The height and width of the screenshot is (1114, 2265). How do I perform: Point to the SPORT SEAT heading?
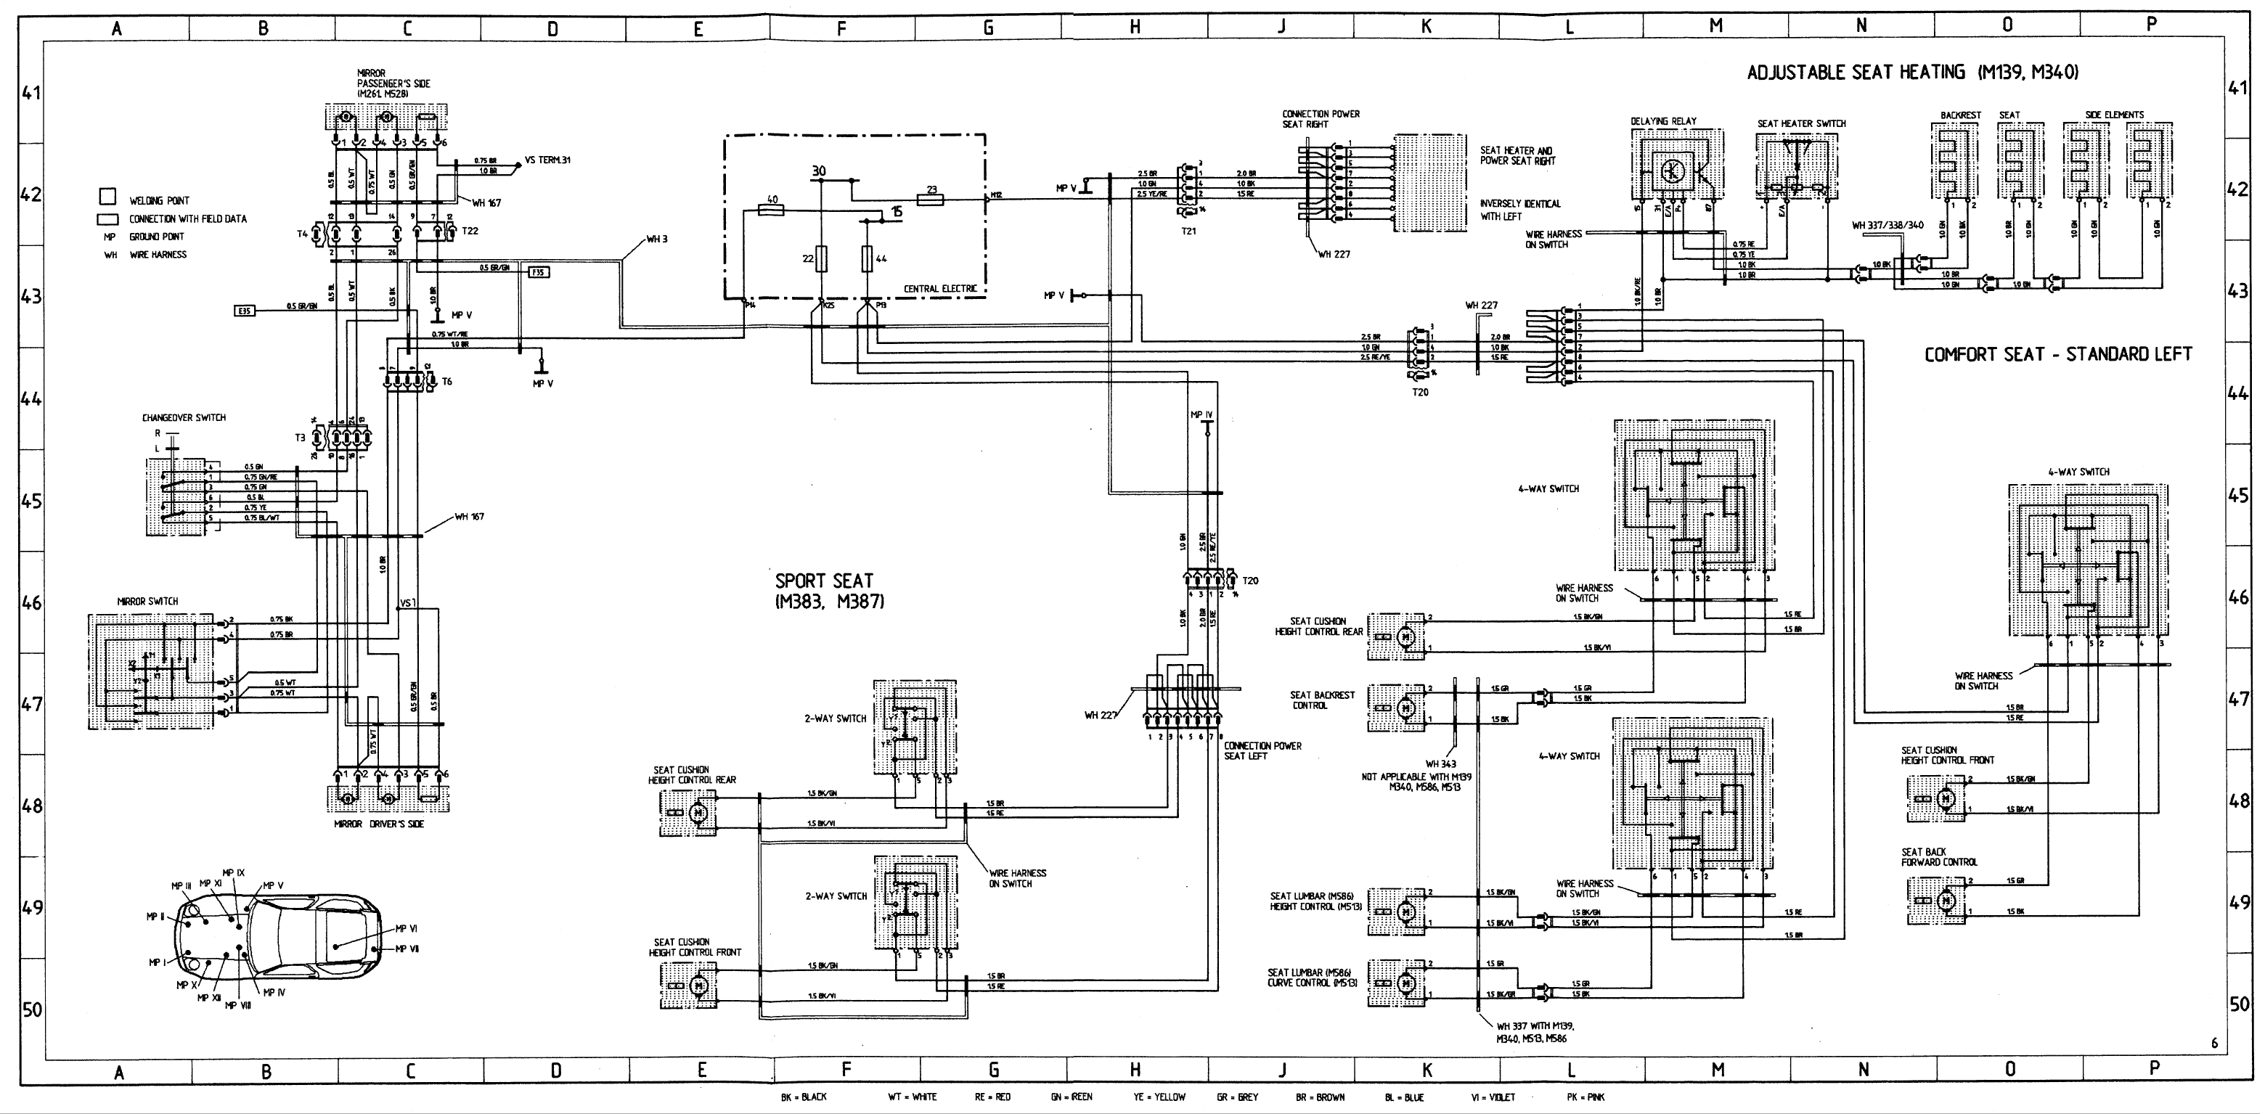825,581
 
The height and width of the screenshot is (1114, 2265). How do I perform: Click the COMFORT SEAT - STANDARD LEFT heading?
2057,354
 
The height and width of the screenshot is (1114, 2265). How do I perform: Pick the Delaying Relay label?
1664,121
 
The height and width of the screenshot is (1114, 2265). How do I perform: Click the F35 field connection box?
538,273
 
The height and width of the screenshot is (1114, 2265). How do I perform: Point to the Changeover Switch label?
184,417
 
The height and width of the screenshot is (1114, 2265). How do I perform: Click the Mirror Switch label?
147,602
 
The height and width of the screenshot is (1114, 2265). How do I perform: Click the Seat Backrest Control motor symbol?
1405,707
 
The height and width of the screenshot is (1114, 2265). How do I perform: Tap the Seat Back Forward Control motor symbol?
1946,899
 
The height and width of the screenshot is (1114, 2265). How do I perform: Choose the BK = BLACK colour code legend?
803,1097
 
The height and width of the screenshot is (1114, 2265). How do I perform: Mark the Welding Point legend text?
159,200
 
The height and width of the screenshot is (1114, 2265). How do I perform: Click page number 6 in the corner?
2214,1044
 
